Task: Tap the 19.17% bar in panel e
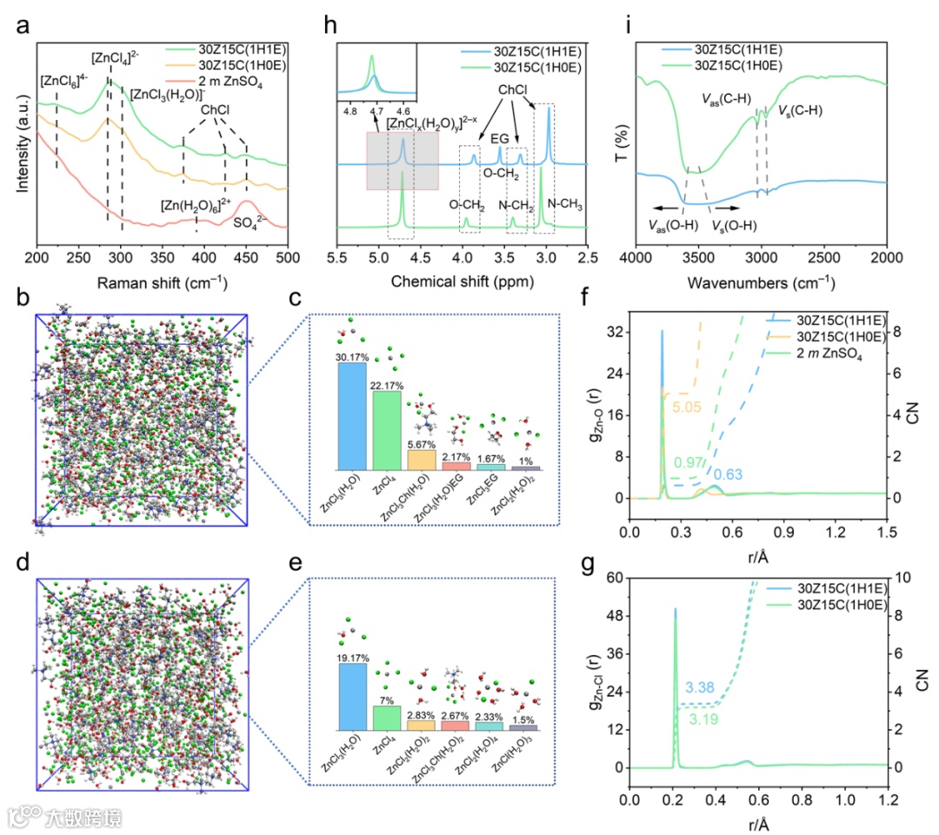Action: tap(352, 696)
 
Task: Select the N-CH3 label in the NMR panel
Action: tap(564, 205)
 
